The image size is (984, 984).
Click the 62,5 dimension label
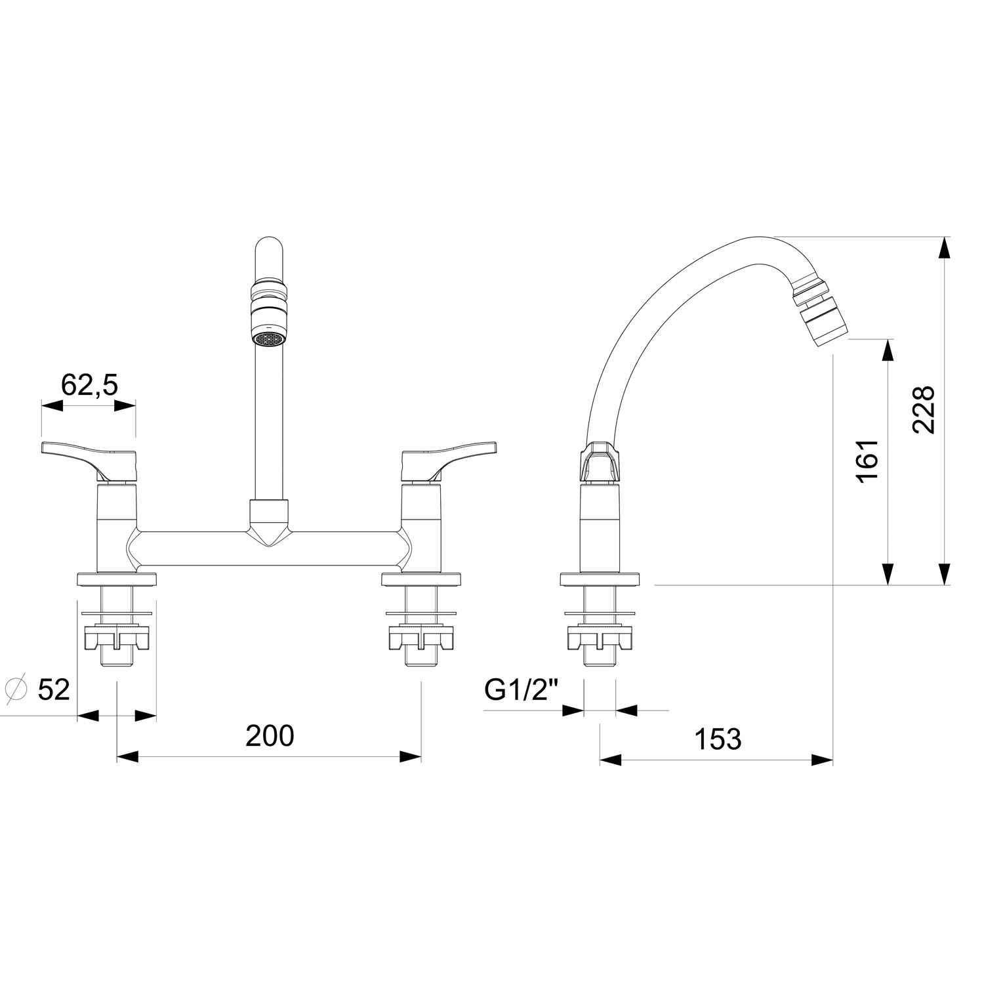click(89, 384)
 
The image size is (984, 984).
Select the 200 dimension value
click(270, 736)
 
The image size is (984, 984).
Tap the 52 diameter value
click(53, 689)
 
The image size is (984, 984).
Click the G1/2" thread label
click(520, 689)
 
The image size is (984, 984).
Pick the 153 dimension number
click(718, 739)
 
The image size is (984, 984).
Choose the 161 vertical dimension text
click(867, 461)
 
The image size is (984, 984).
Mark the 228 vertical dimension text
click(923, 409)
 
